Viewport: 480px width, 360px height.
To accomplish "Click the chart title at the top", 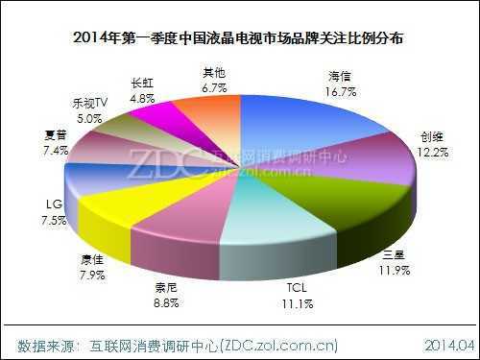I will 240,39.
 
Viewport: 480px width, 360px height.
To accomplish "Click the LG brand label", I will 55,203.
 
